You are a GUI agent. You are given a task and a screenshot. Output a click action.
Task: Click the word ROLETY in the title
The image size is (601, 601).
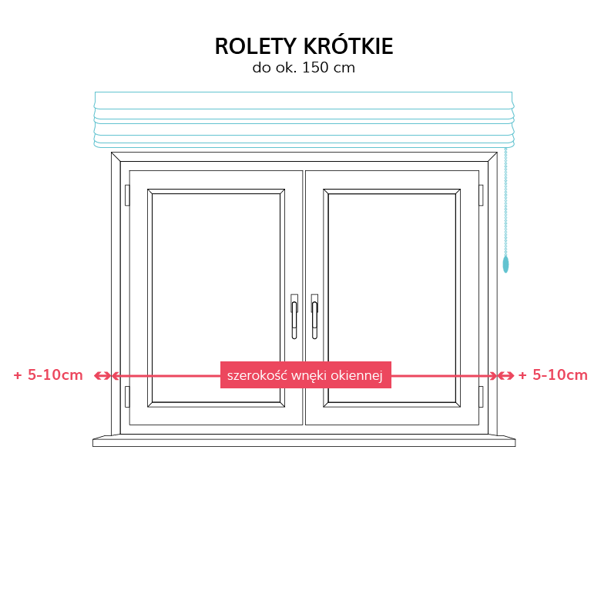pyautogui.click(x=256, y=46)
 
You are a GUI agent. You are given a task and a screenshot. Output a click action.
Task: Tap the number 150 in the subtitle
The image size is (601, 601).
pyautogui.click(x=315, y=68)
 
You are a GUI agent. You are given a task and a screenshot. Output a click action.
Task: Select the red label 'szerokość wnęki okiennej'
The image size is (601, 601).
pyautogui.click(x=305, y=375)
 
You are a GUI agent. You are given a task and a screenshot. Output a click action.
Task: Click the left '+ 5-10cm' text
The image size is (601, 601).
pyautogui.click(x=49, y=375)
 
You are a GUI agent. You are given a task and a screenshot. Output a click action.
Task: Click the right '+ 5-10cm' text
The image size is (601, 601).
pyautogui.click(x=552, y=375)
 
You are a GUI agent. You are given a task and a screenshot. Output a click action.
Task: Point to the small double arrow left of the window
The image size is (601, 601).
pyautogui.click(x=102, y=376)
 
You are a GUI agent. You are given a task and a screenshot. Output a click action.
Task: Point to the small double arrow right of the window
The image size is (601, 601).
pyautogui.click(x=506, y=376)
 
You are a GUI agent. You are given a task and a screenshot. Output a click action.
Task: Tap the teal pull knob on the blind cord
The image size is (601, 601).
pyautogui.click(x=505, y=264)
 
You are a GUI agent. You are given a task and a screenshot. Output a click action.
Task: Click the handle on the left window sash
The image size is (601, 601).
pyautogui.click(x=294, y=317)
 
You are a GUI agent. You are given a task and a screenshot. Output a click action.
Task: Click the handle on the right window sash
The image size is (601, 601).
pyautogui.click(x=314, y=317)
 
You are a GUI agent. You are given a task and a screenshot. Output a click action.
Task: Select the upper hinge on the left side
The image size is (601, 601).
pyautogui.click(x=127, y=195)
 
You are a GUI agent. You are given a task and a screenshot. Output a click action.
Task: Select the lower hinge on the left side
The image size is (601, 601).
pyautogui.click(x=127, y=397)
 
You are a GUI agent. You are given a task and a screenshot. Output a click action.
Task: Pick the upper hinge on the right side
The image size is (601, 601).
pyautogui.click(x=481, y=195)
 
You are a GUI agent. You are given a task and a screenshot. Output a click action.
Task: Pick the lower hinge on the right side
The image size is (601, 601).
pyautogui.click(x=481, y=397)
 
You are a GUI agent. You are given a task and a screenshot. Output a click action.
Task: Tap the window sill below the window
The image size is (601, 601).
pyautogui.click(x=304, y=441)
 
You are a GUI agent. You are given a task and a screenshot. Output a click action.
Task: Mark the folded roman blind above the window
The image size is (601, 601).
pyautogui.click(x=304, y=119)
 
